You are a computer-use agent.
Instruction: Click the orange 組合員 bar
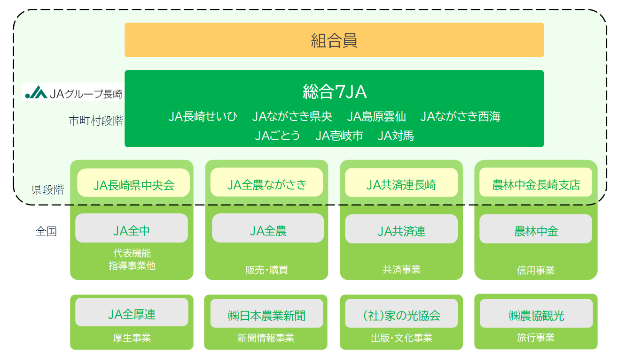(x=334, y=40)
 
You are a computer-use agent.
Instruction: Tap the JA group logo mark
(x=36, y=92)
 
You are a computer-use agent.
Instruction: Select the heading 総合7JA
(x=335, y=92)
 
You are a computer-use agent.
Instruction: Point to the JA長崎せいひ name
(x=203, y=116)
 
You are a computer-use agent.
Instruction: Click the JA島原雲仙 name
(x=376, y=116)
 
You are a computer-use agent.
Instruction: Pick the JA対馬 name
(x=396, y=136)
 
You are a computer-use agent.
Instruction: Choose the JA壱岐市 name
(x=339, y=136)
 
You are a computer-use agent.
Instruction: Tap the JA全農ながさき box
(x=266, y=182)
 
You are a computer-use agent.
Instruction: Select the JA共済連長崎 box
(x=401, y=182)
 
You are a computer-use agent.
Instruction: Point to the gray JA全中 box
(x=132, y=228)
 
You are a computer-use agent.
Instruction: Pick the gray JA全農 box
(x=268, y=228)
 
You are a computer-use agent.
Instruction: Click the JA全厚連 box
(x=132, y=312)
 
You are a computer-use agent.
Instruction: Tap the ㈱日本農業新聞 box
(x=266, y=313)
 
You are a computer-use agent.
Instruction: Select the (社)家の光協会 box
(x=401, y=313)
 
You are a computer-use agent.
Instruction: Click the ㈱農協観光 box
(x=536, y=313)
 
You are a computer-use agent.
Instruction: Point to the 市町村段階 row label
(x=96, y=121)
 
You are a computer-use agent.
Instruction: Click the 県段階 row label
(x=48, y=189)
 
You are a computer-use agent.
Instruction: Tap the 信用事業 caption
(x=535, y=271)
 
